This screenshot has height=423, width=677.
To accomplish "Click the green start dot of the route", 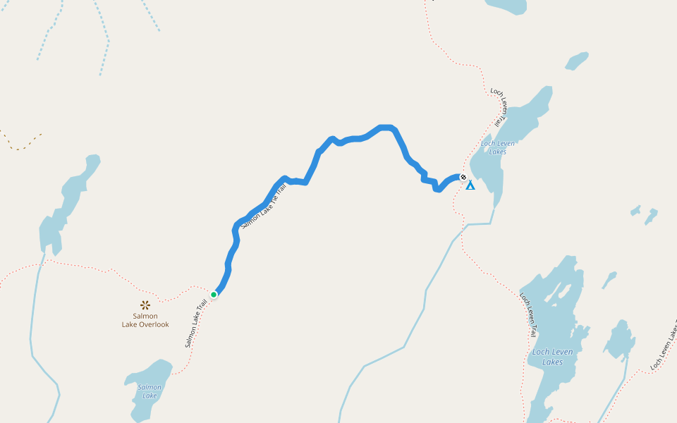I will point(214,294).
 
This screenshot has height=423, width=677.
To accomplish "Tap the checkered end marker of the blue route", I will point(463,177).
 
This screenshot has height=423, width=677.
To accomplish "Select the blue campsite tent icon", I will point(470,185).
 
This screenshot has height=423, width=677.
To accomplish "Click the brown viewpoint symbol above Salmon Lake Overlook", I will point(145,305).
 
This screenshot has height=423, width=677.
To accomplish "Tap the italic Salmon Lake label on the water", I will point(150,391).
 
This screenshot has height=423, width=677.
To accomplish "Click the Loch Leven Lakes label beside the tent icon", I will point(497,147).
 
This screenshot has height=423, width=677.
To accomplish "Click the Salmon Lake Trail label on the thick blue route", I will point(264,205).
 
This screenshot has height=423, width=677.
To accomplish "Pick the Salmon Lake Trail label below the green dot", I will point(196,323).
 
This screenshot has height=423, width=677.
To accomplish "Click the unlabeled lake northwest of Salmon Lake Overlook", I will point(67,204).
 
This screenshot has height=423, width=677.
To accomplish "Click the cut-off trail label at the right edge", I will point(664,346).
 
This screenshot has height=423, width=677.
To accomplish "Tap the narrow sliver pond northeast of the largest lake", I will point(609,280).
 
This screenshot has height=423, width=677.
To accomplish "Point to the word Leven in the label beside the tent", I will point(503,143).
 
